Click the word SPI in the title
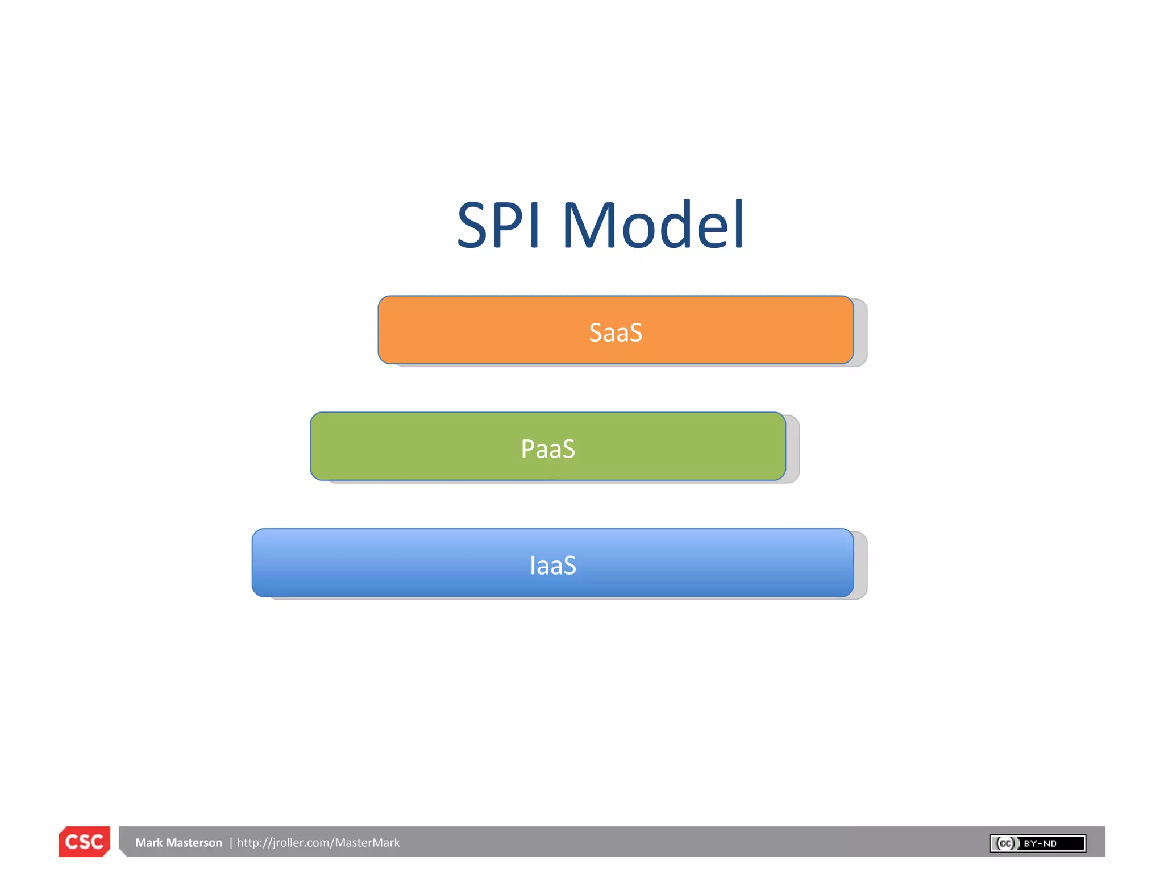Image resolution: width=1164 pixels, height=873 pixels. pyautogui.click(x=498, y=226)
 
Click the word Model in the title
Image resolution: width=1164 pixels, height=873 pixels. pyautogui.click(x=653, y=226)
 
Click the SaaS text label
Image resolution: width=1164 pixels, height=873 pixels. pyautogui.click(x=616, y=332)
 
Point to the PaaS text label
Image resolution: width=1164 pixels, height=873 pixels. pyautogui.click(x=548, y=449)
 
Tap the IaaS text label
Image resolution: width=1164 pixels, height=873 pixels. pyautogui.click(x=553, y=566)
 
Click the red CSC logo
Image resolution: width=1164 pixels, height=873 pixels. pyautogui.click(x=84, y=842)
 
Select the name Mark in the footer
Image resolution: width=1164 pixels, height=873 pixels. pyautogui.click(x=149, y=843)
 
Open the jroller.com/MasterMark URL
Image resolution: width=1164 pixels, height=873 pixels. pyautogui.click(x=318, y=843)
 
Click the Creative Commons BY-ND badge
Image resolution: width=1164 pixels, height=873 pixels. pyautogui.click(x=1038, y=843)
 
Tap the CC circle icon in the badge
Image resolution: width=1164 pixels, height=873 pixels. pyautogui.click(x=1006, y=843)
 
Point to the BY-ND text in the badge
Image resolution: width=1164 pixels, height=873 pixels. pyautogui.click(x=1040, y=843)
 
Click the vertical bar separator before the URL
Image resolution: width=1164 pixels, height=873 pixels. pyautogui.click(x=231, y=843)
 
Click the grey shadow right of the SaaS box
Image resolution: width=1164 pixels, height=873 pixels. pyautogui.click(x=860, y=332)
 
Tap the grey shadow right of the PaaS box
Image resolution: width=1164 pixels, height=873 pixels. pyautogui.click(x=793, y=449)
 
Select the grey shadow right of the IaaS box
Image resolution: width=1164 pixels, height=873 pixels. pyautogui.click(x=860, y=566)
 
